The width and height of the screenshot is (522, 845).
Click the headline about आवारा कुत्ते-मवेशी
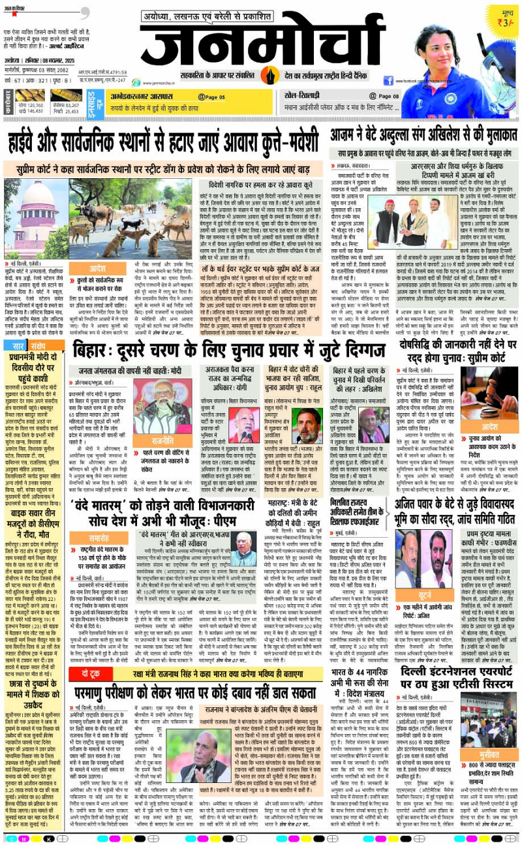click(x=163, y=140)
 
